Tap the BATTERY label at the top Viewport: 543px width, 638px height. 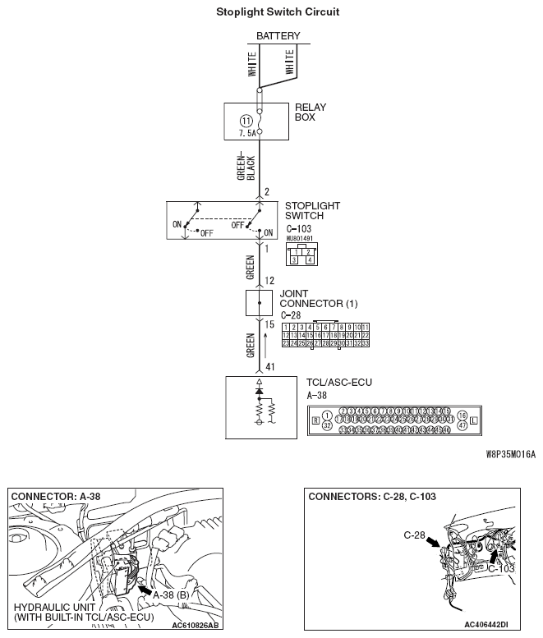[x=278, y=36]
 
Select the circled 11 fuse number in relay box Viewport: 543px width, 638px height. [x=246, y=121]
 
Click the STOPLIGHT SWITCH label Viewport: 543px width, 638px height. [x=311, y=211]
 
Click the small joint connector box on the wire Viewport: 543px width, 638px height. [x=260, y=303]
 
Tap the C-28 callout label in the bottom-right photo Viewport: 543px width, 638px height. [x=414, y=535]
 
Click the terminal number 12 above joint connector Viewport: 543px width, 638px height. [x=269, y=281]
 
